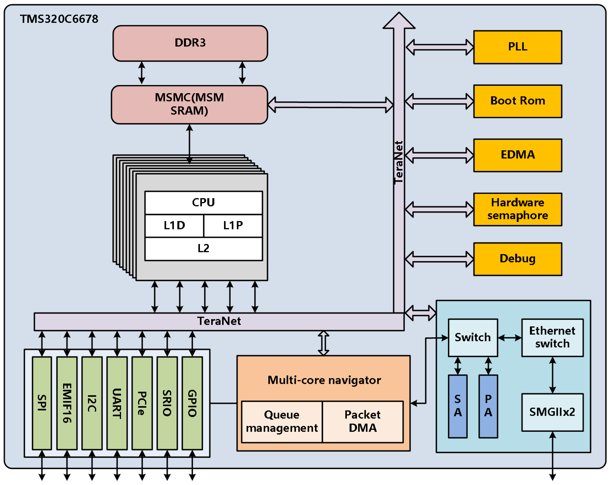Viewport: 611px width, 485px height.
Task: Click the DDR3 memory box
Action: click(190, 43)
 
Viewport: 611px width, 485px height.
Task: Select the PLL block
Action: click(517, 47)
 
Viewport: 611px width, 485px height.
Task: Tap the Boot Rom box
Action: click(517, 101)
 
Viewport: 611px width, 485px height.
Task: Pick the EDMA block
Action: click(517, 155)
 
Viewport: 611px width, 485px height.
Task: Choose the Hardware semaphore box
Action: click(517, 209)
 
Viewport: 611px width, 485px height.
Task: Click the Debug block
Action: click(517, 259)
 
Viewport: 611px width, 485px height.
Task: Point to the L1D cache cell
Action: click(174, 226)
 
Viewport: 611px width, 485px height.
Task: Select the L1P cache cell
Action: click(233, 226)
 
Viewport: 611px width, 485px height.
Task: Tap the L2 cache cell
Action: click(203, 249)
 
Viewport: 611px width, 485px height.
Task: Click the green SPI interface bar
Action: click(42, 403)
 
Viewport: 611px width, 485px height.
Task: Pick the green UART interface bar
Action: click(117, 403)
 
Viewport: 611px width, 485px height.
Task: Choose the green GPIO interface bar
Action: click(192, 403)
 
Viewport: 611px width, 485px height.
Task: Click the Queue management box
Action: click(282, 422)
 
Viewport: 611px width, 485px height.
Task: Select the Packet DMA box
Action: click(363, 422)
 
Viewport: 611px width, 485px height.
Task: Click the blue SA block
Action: click(458, 406)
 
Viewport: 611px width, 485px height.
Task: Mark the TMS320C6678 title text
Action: click(59, 19)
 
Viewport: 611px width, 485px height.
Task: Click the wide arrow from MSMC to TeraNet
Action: click(330, 105)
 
